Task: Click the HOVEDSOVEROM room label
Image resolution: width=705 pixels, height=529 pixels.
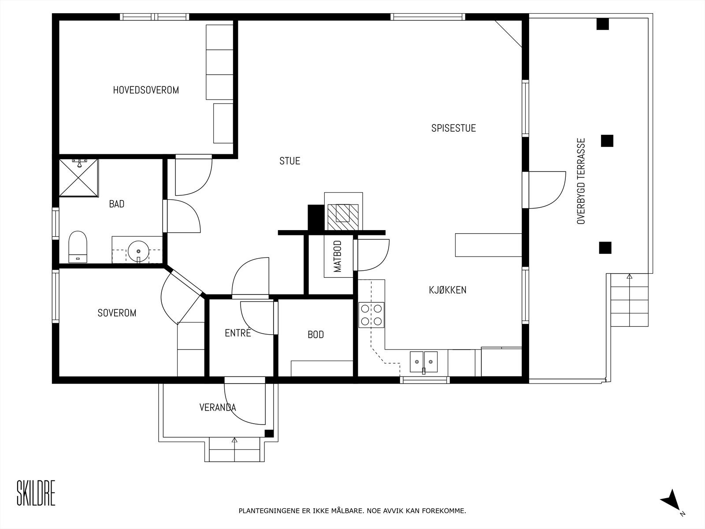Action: pyautogui.click(x=146, y=90)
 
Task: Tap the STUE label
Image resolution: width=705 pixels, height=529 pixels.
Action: pyautogui.click(x=289, y=161)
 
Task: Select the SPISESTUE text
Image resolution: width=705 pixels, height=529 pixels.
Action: pyautogui.click(x=453, y=128)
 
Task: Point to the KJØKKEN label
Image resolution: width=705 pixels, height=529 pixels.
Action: pyautogui.click(x=448, y=290)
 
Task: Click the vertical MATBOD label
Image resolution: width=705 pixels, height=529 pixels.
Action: pyautogui.click(x=338, y=256)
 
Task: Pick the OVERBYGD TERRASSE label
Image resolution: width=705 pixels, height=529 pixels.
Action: pyautogui.click(x=581, y=181)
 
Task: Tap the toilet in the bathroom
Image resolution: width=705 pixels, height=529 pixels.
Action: pyautogui.click(x=78, y=246)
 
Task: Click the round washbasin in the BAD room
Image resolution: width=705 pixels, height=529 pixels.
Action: pyautogui.click(x=138, y=251)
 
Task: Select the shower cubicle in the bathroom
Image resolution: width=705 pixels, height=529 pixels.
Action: pyautogui.click(x=79, y=177)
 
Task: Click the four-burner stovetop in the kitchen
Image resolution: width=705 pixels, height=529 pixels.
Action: pyautogui.click(x=371, y=315)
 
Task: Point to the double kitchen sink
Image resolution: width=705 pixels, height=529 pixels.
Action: pyautogui.click(x=423, y=362)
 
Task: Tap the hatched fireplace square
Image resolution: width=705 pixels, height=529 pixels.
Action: pyautogui.click(x=343, y=217)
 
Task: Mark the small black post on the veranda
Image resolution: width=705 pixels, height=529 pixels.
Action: pyautogui.click(x=269, y=433)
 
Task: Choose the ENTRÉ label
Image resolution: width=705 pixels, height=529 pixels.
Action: pyautogui.click(x=238, y=333)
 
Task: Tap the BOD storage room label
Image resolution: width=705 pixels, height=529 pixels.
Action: pyautogui.click(x=316, y=335)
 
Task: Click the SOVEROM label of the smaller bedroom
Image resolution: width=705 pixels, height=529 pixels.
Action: pyautogui.click(x=117, y=313)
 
